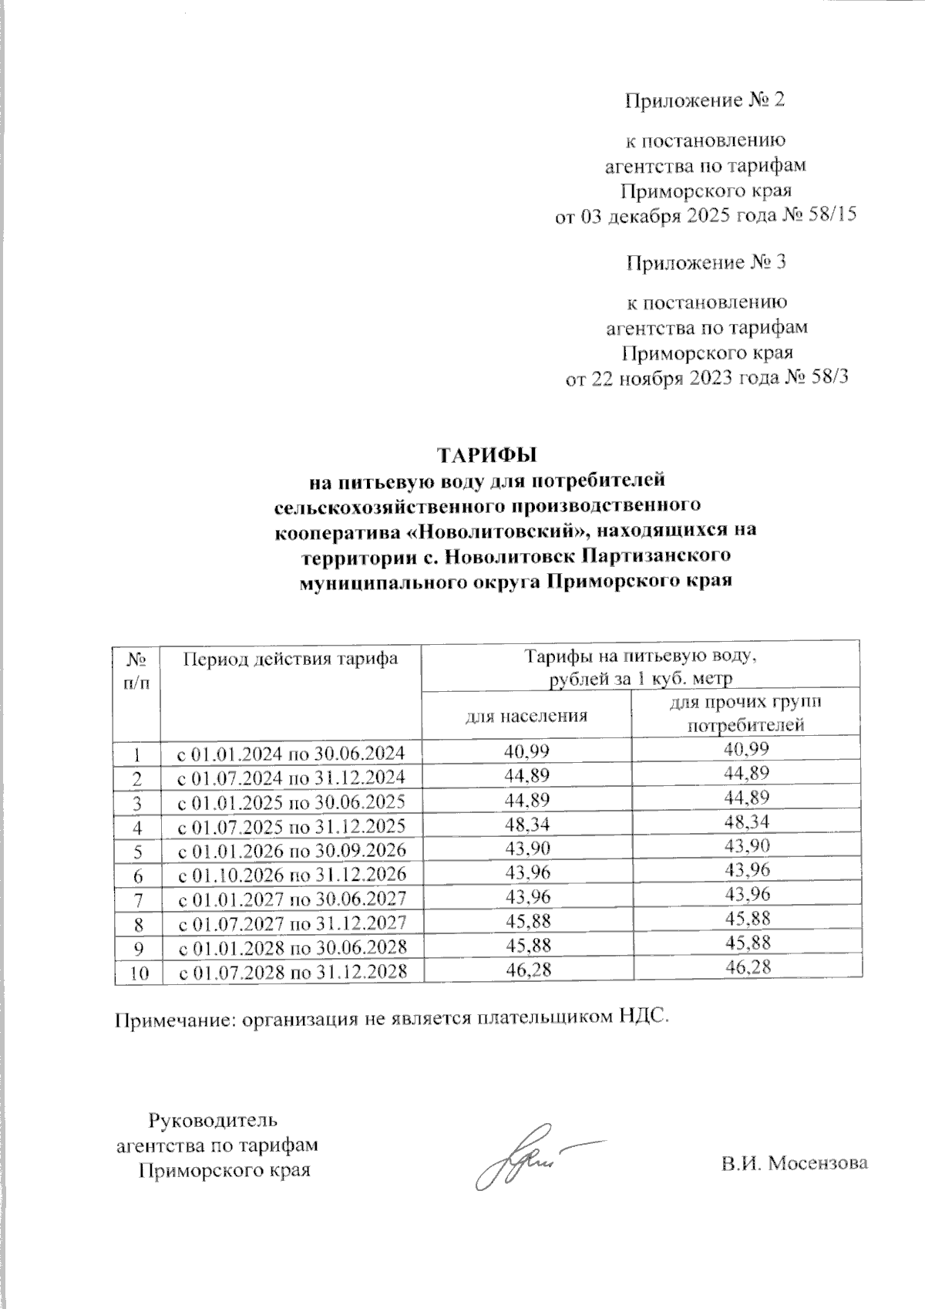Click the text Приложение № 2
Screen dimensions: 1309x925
[704, 100]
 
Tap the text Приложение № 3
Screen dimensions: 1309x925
[704, 263]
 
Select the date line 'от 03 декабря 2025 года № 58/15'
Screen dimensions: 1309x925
[706, 217]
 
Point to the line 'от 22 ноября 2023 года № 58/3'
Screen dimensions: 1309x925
[706, 379]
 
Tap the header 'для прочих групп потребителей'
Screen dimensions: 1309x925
[745, 714]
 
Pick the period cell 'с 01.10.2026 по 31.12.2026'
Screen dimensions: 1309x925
[291, 875]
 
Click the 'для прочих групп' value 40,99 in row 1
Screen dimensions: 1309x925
[745, 748]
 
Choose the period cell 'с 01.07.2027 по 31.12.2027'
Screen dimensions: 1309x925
[291, 923]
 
